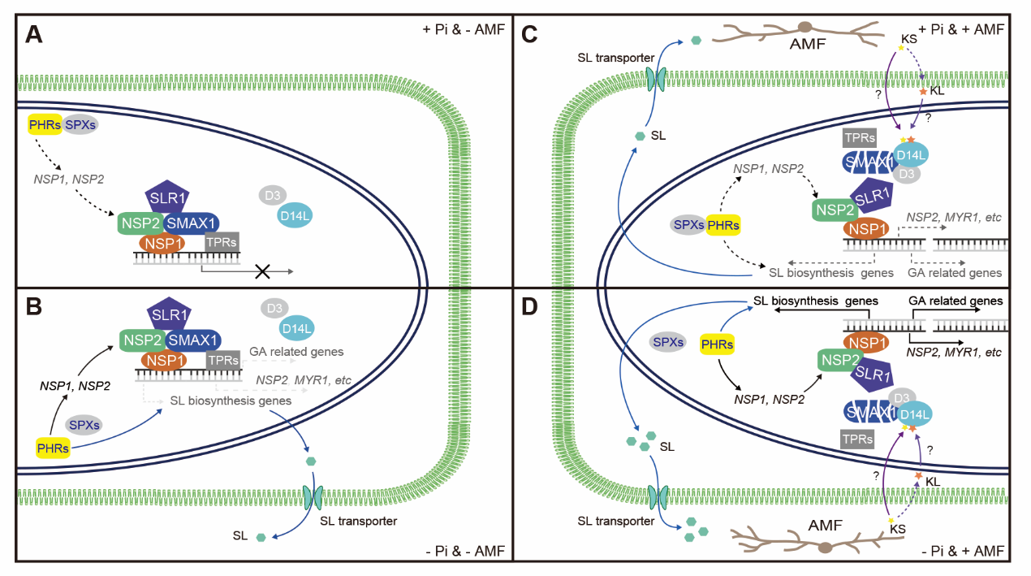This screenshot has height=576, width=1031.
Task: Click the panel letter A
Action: point(34,35)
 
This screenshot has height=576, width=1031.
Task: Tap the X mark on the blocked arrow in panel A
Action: point(262,271)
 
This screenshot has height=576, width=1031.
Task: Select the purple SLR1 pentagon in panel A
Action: point(167,197)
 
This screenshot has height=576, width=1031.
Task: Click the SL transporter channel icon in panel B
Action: point(312,495)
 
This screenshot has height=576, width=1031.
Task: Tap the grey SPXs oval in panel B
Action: point(83,424)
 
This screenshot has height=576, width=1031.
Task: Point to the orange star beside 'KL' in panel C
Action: point(923,93)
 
